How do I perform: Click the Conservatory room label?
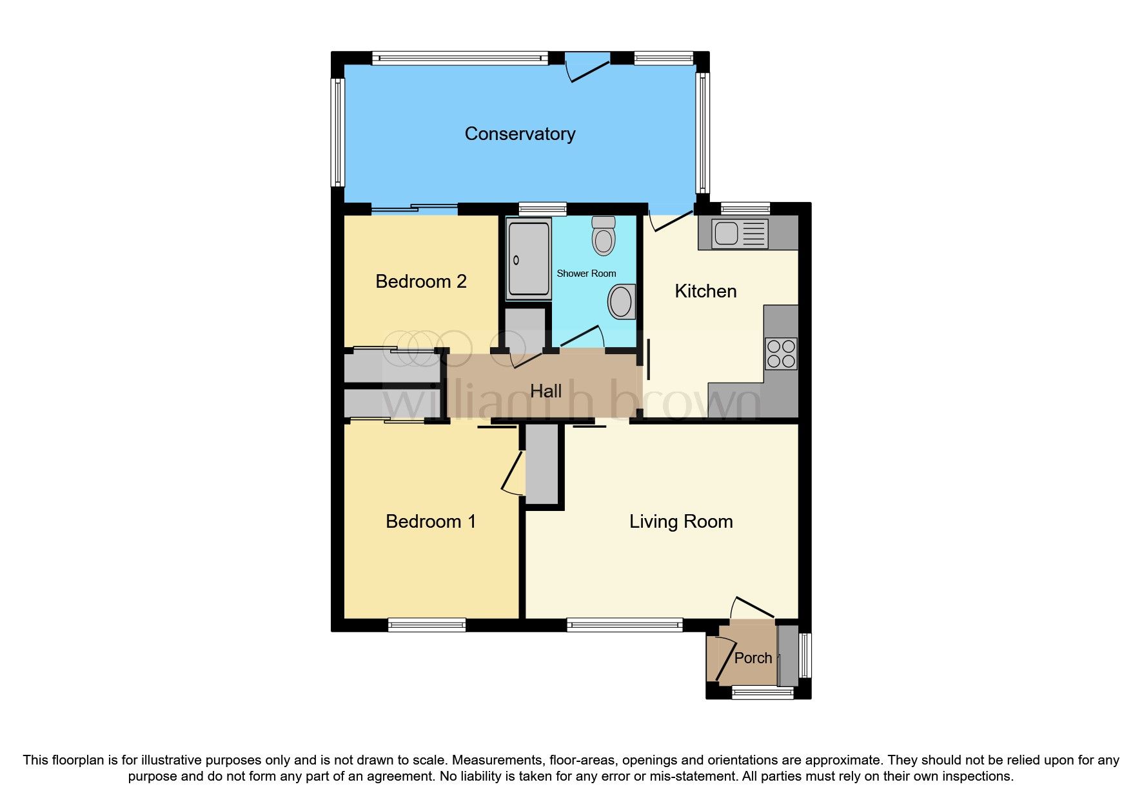520,134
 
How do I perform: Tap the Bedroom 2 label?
420,281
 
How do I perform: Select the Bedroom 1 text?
431,521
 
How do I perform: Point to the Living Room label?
681,521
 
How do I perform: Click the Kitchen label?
705,291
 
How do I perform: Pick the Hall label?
546,391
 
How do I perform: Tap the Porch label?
753,658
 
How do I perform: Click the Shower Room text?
586,274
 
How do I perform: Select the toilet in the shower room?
604,236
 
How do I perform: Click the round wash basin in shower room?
621,302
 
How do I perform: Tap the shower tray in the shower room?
529,259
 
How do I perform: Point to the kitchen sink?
740,234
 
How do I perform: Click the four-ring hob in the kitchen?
781,354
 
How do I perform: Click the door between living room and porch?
752,608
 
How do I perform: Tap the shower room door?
582,337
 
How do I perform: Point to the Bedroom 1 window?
427,624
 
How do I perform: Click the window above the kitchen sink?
745,208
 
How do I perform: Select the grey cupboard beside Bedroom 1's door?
542,465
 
